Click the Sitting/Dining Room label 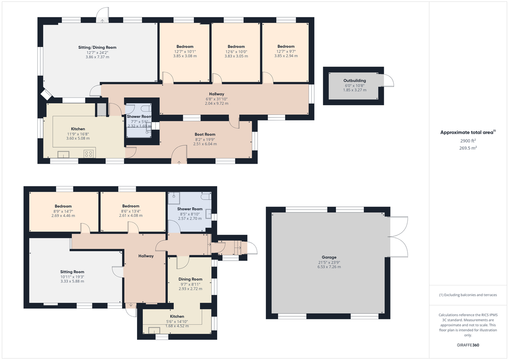pyautogui.click(x=97, y=47)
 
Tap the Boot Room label pyautogui.click(x=205, y=134)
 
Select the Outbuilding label pyautogui.click(x=355, y=81)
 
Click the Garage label pyautogui.click(x=329, y=257)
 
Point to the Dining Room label pyautogui.click(x=190, y=279)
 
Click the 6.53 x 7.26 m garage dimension pyautogui.click(x=329, y=267)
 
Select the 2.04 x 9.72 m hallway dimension pyautogui.click(x=217, y=103)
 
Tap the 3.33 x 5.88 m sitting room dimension pyautogui.click(x=72, y=282)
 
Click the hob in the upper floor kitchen pyautogui.click(x=88, y=154)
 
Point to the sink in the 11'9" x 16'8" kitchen pyautogui.click(x=63, y=154)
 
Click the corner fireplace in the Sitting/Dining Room pyautogui.click(x=47, y=95)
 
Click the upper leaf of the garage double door pyautogui.click(x=398, y=227)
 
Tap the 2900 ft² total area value pyautogui.click(x=468, y=141)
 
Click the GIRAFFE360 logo pyautogui.click(x=468, y=345)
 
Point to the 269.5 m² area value pyautogui.click(x=468, y=148)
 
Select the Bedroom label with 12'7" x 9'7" pyautogui.click(x=286, y=47)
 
